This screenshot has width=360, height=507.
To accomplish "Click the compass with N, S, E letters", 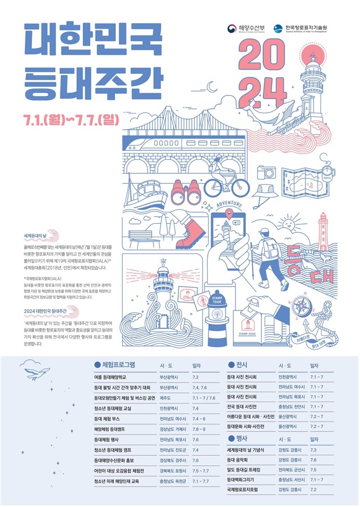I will tap(301, 306).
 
